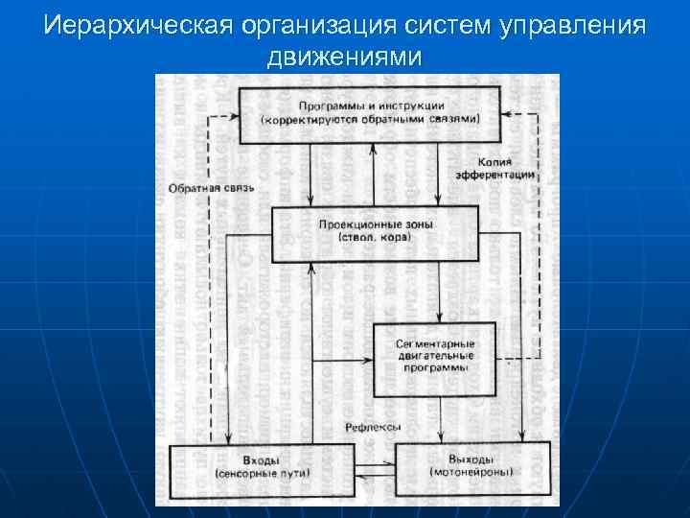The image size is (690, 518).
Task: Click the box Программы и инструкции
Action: (x=370, y=114)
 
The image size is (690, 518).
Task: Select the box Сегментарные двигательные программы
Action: (x=434, y=357)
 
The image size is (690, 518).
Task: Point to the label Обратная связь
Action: (x=211, y=188)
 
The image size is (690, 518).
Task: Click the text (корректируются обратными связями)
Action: (x=370, y=119)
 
